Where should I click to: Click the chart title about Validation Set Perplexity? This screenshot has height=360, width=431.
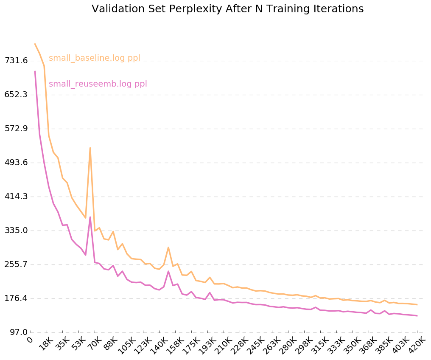coord(227,9)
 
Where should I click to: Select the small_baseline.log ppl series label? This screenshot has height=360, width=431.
coord(94,58)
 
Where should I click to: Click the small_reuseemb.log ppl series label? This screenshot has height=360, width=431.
coord(98,84)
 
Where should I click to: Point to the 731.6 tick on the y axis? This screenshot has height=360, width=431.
coord(16,61)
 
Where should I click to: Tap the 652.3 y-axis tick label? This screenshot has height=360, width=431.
coord(16,95)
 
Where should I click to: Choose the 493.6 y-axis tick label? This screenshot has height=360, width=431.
coord(16,163)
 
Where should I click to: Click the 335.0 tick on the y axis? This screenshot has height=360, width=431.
coord(16,231)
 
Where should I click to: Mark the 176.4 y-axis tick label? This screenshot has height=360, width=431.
coord(16,298)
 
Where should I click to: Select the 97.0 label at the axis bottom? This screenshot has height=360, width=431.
coord(18,332)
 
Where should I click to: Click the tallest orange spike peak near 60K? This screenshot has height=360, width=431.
coord(90,148)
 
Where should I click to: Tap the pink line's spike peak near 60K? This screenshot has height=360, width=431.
coord(90,217)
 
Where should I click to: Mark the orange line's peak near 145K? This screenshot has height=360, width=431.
coord(168,247)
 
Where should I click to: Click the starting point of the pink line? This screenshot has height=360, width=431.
coord(35,71)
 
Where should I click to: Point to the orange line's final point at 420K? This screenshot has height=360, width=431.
coord(417,305)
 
